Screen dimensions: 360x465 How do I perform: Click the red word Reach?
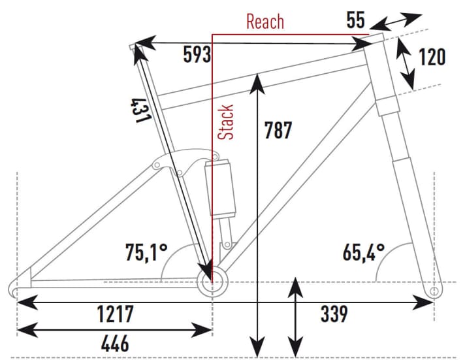click(265, 21)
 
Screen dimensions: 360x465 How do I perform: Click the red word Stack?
click(226, 122)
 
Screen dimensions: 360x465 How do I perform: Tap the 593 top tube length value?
click(197, 56)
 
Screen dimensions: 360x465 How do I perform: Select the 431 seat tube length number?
click(142, 110)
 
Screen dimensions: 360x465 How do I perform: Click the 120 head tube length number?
click(432, 57)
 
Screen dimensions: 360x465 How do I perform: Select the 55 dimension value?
click(355, 20)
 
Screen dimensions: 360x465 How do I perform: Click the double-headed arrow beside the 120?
click(407, 64)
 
